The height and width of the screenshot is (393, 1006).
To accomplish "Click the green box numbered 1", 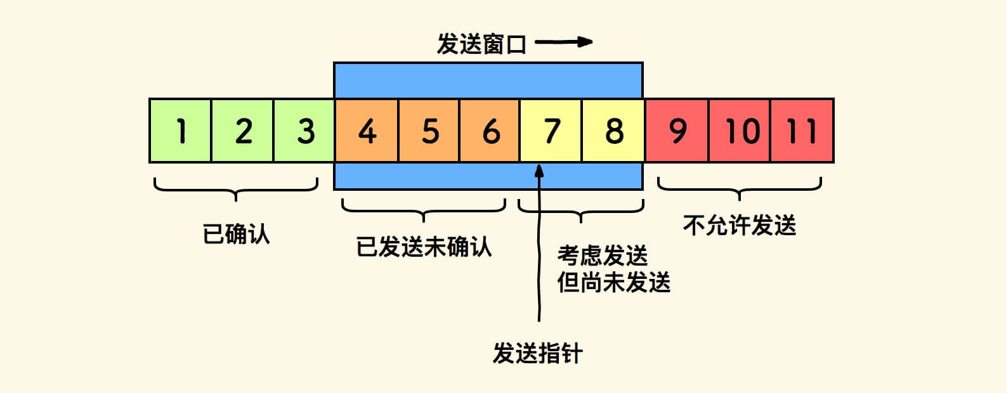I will click(181, 131).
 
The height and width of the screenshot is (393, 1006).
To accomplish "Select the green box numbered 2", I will click(243, 131).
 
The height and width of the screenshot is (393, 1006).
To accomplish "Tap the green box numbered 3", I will click(304, 131).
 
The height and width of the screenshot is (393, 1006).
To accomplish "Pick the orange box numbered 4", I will click(367, 131).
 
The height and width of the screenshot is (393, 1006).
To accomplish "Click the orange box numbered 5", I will click(429, 131).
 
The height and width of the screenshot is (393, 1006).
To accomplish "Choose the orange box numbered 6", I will click(490, 131).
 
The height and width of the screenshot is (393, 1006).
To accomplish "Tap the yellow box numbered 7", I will click(551, 131).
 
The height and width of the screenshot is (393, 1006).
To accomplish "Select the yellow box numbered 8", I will click(613, 131).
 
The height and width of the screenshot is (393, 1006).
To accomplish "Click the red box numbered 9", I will click(677, 131).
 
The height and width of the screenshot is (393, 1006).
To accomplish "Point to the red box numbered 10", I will click(740, 131).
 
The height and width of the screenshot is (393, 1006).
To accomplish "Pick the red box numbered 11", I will click(802, 131).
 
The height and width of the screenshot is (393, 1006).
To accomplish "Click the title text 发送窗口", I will click(481, 44).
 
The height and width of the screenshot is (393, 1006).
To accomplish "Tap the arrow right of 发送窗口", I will click(564, 42).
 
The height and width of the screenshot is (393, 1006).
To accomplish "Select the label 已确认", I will click(236, 234).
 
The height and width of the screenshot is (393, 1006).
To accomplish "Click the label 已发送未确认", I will click(424, 247).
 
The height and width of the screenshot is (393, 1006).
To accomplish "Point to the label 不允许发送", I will click(739, 225).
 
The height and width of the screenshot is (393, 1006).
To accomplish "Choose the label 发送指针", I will click(537, 353).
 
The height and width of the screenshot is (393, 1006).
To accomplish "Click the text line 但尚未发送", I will click(613, 282).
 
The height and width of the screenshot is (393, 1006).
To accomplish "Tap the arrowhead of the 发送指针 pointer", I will click(539, 170).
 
